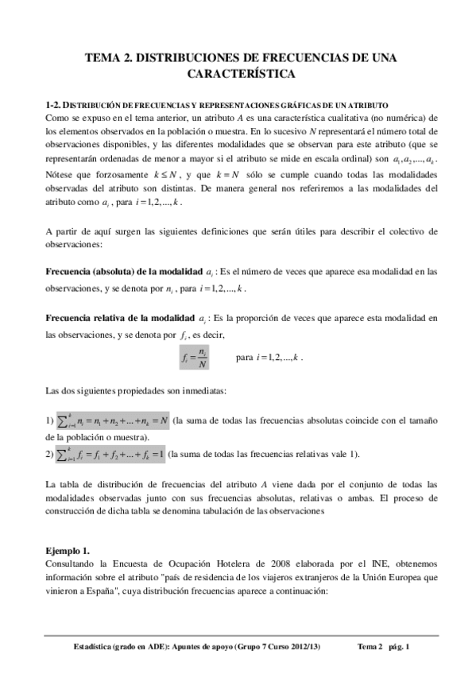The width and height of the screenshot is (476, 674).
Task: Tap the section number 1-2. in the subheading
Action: click(55, 105)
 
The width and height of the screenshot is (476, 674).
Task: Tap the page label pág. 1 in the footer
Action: click(393, 646)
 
